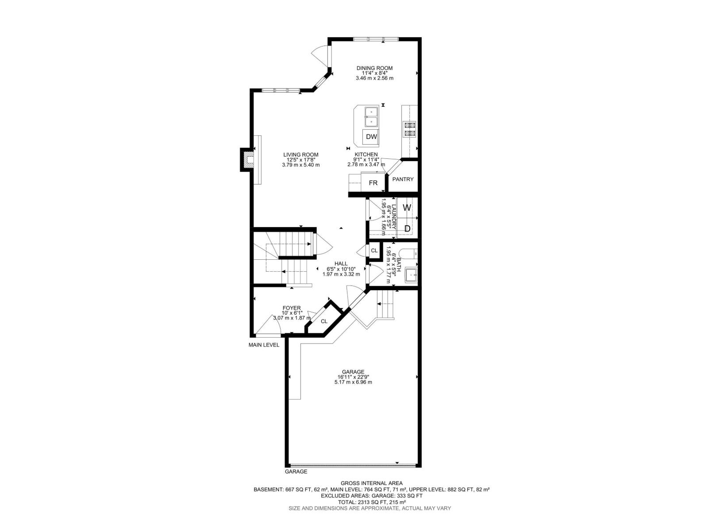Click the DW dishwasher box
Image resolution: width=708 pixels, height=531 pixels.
click(371, 137)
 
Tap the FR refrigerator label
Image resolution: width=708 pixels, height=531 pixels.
click(373, 182)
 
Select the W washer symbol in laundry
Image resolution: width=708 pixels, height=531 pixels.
click(407, 208)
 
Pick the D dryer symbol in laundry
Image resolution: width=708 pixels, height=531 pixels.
click(407, 228)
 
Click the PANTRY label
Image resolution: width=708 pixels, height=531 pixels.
click(403, 179)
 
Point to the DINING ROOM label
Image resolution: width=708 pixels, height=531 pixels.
click(374, 68)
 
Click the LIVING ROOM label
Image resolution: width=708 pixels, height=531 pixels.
click(300, 155)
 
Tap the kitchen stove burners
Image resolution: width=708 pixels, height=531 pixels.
click(409, 129)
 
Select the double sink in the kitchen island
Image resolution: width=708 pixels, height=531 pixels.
click(370, 117)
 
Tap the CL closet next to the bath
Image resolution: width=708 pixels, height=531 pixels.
click(374, 250)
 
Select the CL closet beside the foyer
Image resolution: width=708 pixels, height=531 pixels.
click(324, 321)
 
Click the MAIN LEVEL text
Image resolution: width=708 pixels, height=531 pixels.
click(264, 345)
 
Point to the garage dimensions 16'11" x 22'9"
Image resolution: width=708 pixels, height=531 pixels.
click(353, 377)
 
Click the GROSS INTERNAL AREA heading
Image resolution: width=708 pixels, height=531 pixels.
click(371, 483)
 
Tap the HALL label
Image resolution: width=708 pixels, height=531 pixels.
click(341, 264)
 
